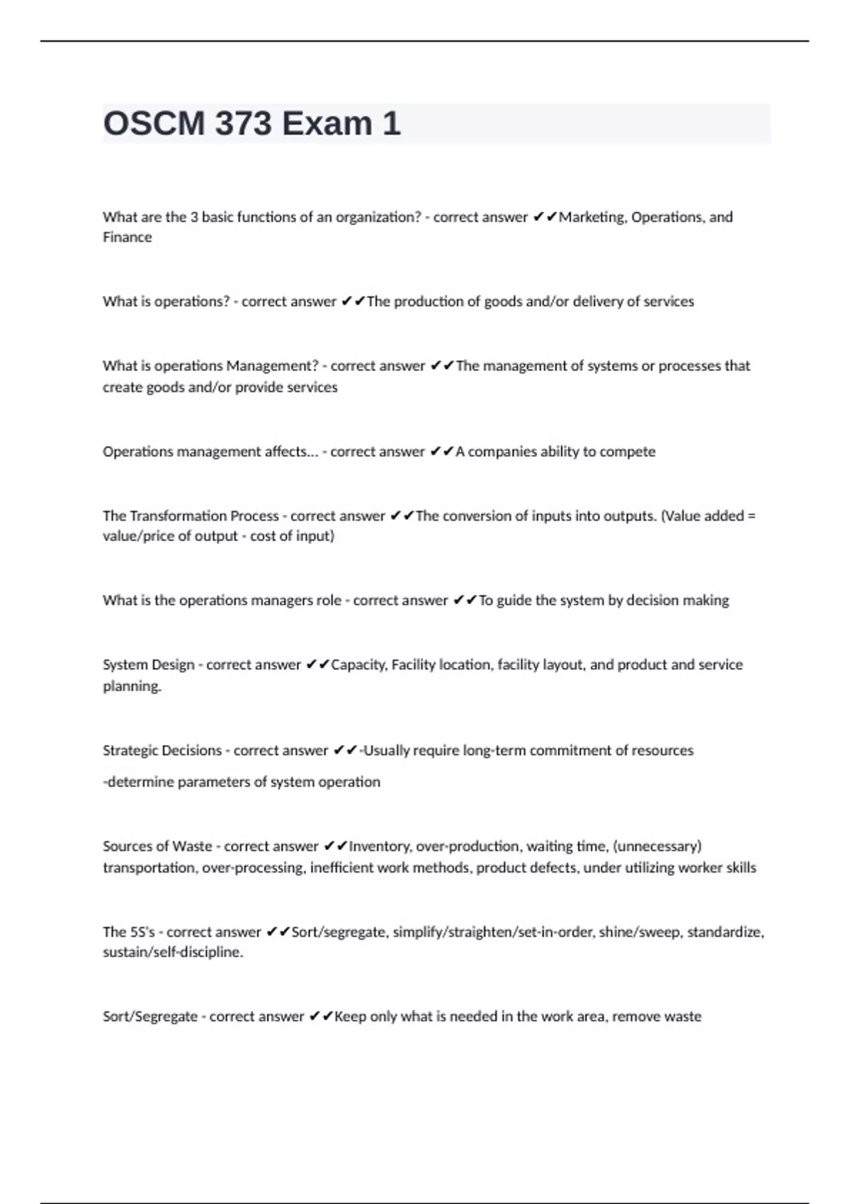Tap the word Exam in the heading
pyautogui.click(x=327, y=124)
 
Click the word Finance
pyautogui.click(x=127, y=237)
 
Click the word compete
pyautogui.click(x=628, y=452)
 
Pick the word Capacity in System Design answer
pyautogui.click(x=359, y=665)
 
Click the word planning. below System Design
pyautogui.click(x=132, y=686)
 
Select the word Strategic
pyautogui.click(x=130, y=751)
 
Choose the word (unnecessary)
pyautogui.click(x=657, y=846)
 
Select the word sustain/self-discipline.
pyautogui.click(x=173, y=953)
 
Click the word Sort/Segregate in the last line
pyautogui.click(x=150, y=1017)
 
